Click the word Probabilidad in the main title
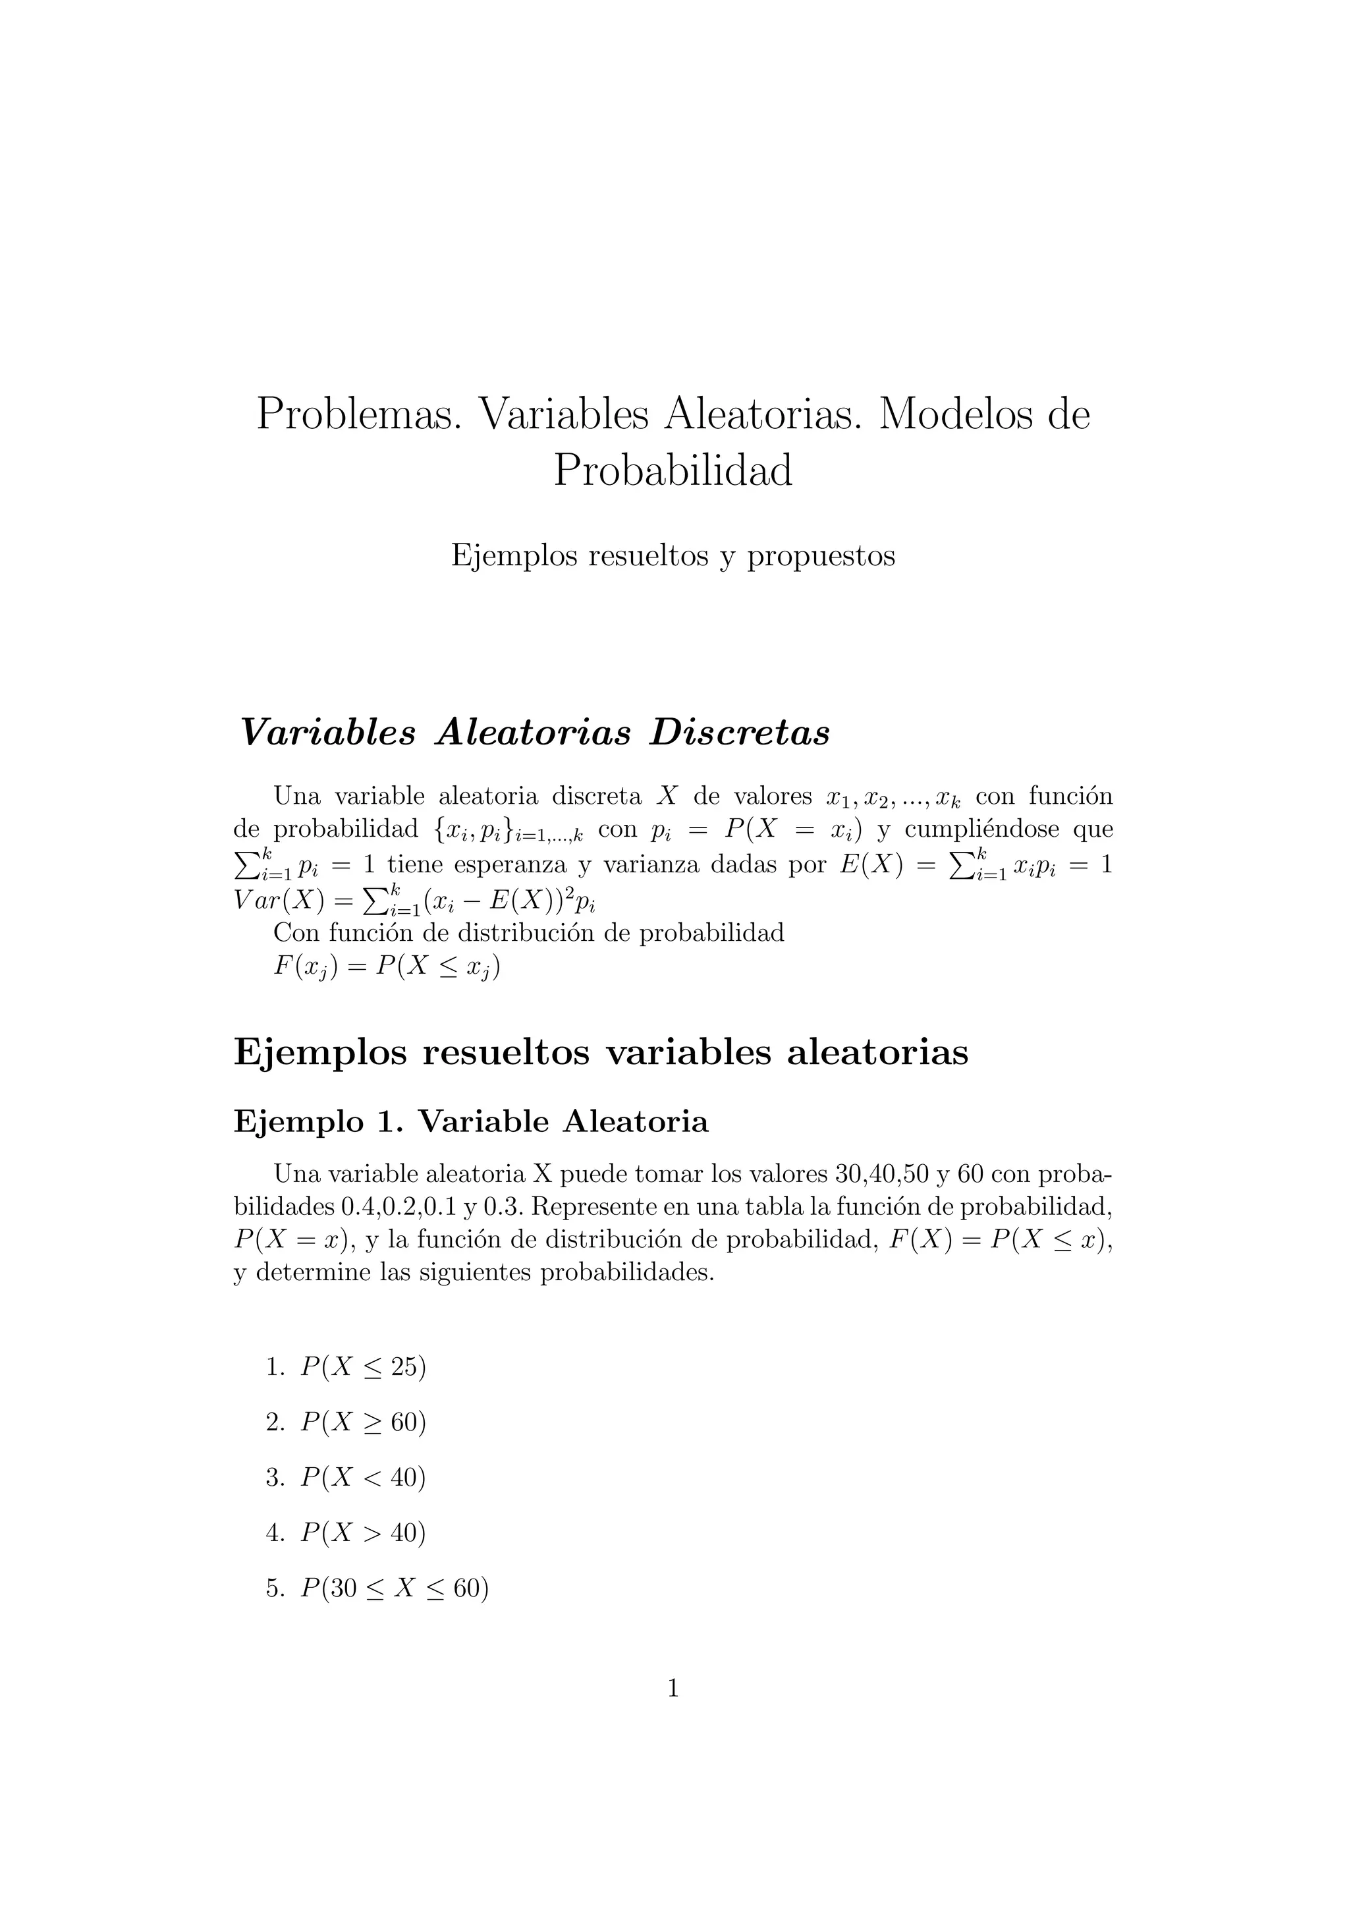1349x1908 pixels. pos(673,470)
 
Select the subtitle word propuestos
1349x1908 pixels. pos(821,555)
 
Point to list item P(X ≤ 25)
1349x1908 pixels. pos(363,1367)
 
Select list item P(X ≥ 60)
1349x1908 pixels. pos(363,1422)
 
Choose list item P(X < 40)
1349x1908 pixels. pos(363,1478)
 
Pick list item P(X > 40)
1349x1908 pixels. pos(363,1532)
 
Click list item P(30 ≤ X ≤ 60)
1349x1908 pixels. pos(395,1588)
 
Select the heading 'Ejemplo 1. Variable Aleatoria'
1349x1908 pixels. pos(471,1122)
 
